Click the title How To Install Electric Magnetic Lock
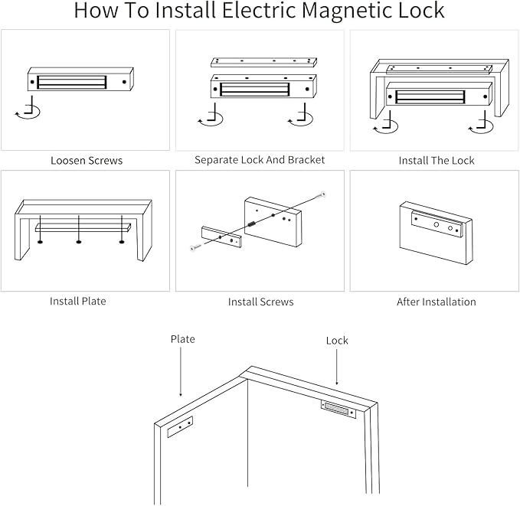pos(260,11)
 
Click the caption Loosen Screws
pos(87,161)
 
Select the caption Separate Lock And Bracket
pos(260,160)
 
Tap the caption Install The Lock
pos(436,161)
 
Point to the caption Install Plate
pos(78,301)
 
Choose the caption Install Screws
pos(260,302)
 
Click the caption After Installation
pos(436,302)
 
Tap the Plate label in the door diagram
pos(182,339)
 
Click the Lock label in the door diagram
pos(337,341)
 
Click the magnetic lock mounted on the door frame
pos(338,410)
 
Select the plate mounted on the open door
pos(180,426)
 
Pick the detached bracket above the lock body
pos(263,61)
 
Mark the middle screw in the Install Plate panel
pos(79,241)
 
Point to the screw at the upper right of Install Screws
pos(323,195)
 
